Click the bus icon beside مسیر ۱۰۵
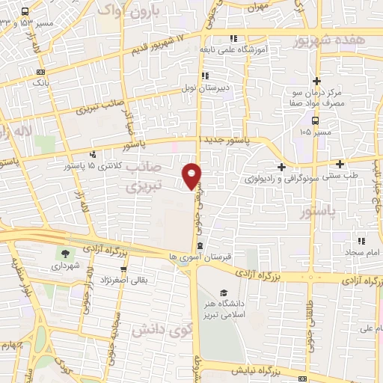coord(316,120)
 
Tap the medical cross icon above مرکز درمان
coord(316,81)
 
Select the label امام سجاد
coord(362,253)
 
